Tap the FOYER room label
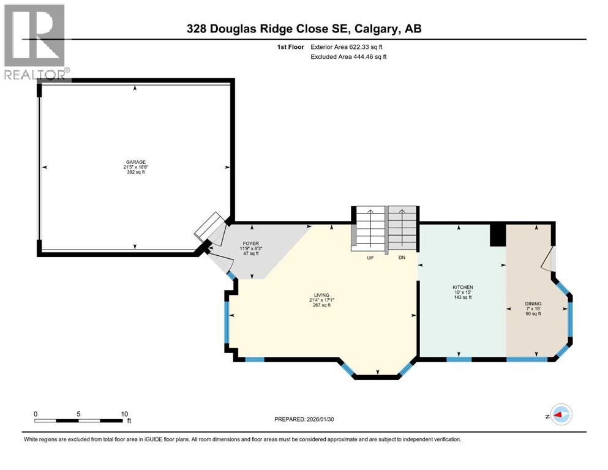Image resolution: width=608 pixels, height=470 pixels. click(250, 244)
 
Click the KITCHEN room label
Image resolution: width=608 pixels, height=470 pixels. click(462, 287)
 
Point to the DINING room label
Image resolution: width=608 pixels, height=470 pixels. click(532, 304)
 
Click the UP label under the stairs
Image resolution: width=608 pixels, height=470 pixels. click(370, 258)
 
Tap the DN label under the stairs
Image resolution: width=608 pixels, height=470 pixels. click(402, 258)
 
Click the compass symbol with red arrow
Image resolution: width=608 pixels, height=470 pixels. click(560, 414)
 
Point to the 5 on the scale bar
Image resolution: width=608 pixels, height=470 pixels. click(79, 413)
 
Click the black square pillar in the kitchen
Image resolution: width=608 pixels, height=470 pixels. click(498, 235)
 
